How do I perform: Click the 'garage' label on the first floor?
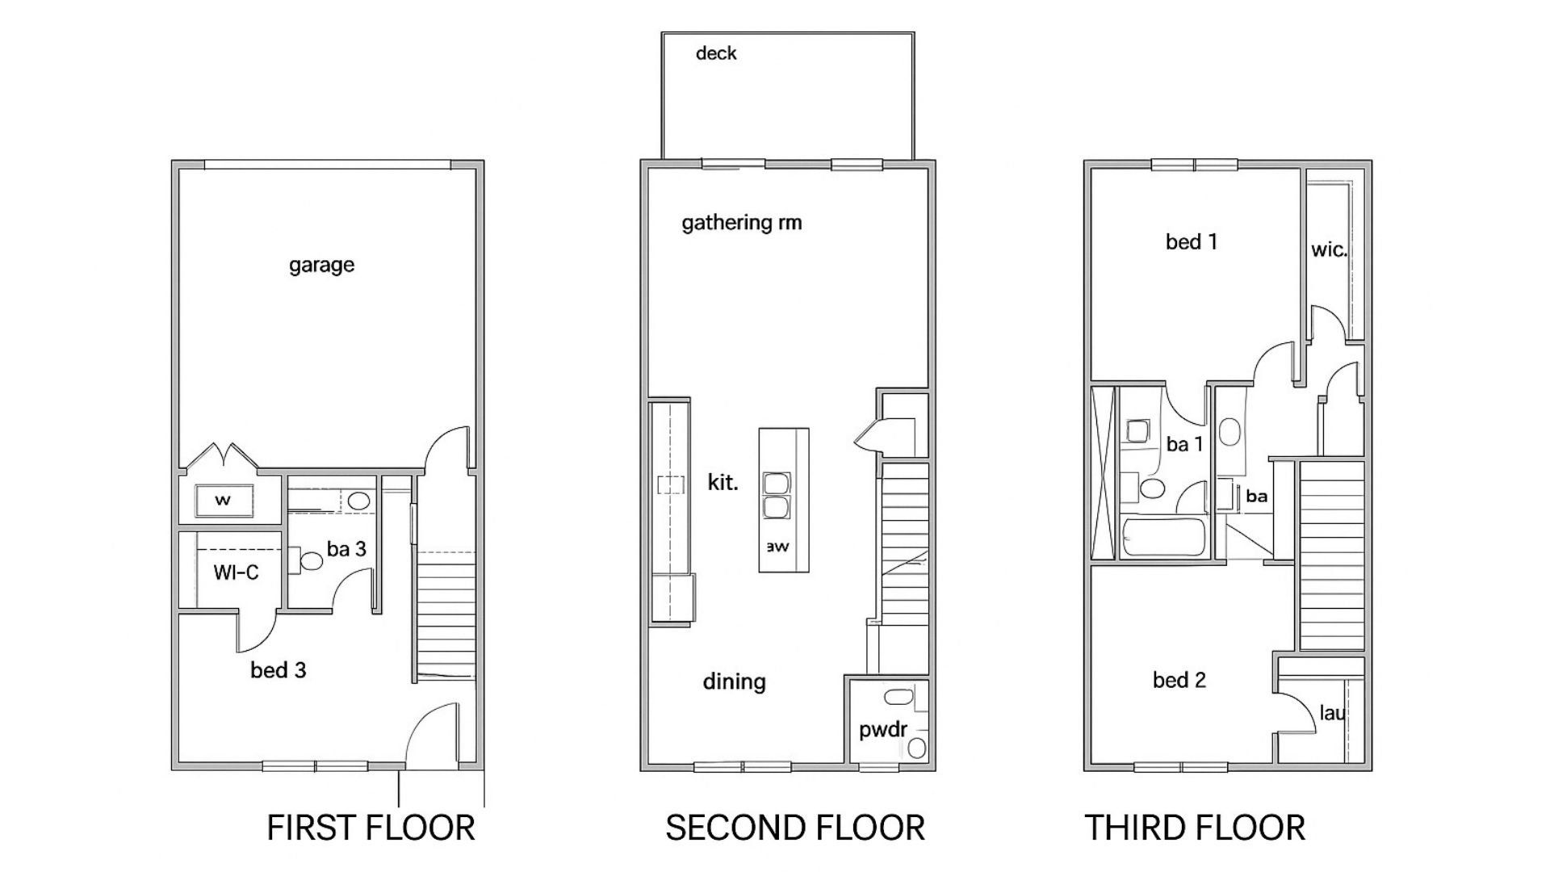[321, 265]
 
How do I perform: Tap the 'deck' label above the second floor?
[715, 53]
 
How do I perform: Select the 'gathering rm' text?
[741, 222]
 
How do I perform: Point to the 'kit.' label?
[722, 483]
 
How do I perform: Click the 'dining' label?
[733, 681]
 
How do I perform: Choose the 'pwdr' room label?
[882, 730]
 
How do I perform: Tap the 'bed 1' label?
[1191, 241]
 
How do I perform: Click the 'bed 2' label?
[1179, 680]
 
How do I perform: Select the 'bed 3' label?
[278, 670]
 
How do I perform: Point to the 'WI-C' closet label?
[236, 572]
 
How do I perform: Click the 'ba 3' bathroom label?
[346, 549]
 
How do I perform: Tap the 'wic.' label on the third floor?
[1328, 249]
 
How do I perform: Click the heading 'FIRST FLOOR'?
[371, 828]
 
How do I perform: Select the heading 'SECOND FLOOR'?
[794, 828]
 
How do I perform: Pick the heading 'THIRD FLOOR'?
[1194, 828]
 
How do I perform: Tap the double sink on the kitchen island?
[776, 496]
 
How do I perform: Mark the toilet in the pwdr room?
[916, 747]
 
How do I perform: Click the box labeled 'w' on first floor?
[224, 500]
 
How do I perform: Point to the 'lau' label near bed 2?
[1331, 713]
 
